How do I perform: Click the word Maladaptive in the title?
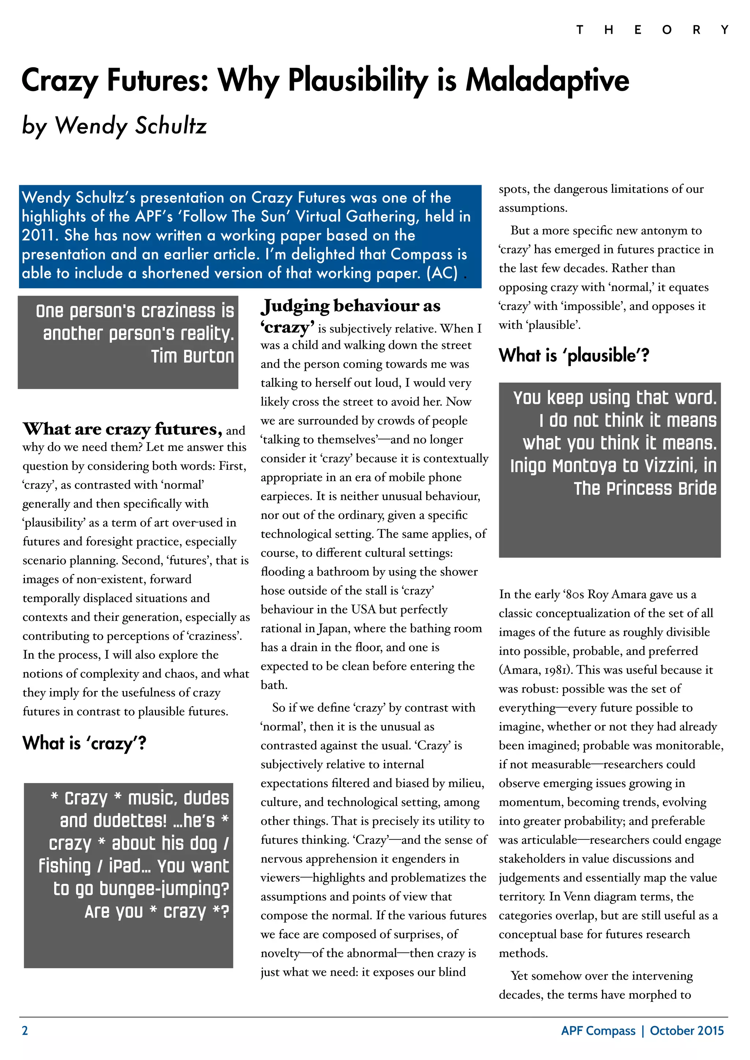click(547, 80)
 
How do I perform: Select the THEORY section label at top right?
click(651, 30)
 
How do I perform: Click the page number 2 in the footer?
click(25, 1030)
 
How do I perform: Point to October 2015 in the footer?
click(687, 1030)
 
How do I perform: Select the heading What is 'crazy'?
click(84, 743)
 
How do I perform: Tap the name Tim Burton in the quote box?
click(192, 356)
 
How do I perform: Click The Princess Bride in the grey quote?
click(645, 488)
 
